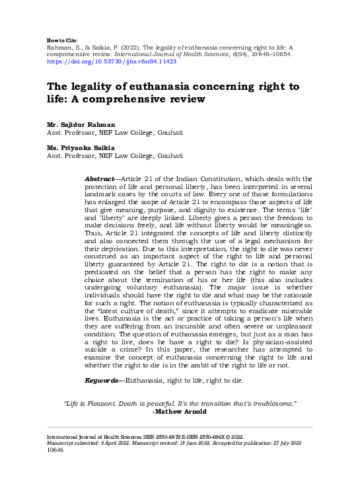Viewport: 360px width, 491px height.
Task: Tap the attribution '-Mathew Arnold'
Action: (x=180, y=411)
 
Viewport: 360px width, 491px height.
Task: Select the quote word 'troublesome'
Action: (x=272, y=403)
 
